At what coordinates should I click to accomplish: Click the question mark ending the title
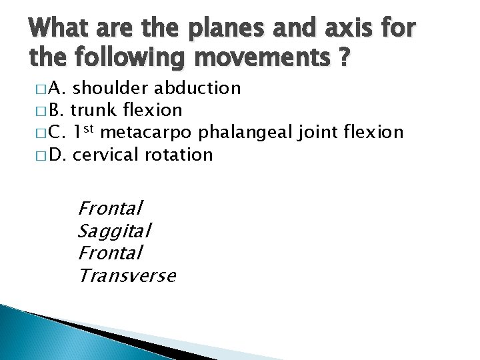pos(343,60)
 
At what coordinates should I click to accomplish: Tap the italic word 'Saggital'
pos(114,231)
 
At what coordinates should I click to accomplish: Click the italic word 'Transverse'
pos(127,275)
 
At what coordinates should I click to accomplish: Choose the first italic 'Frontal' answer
pos(110,209)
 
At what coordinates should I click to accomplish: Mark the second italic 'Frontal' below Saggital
pos(110,253)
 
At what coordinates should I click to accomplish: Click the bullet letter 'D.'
pos(57,155)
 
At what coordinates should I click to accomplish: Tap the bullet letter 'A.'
pos(57,88)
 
